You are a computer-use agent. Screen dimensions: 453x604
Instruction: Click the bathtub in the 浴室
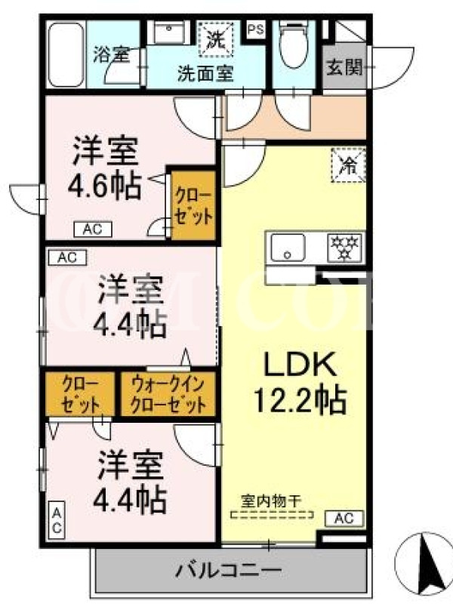pyautogui.click(x=66, y=54)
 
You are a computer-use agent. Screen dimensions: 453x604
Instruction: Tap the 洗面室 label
pyautogui.click(x=205, y=73)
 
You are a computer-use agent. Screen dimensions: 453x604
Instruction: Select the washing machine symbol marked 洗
pyautogui.click(x=216, y=39)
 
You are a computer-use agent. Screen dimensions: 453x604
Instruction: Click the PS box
pyautogui.click(x=256, y=29)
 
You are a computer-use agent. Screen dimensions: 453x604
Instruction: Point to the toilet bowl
pyautogui.click(x=294, y=45)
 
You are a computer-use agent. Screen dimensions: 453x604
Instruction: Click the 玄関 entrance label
pyautogui.click(x=345, y=68)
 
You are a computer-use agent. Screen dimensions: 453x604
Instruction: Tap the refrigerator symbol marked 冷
pyautogui.click(x=348, y=165)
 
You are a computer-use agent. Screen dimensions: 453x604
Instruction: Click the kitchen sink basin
pyautogui.click(x=288, y=248)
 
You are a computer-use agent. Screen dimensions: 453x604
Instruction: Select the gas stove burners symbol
pyautogui.click(x=345, y=248)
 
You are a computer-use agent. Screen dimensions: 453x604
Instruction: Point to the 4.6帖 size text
pyautogui.click(x=104, y=186)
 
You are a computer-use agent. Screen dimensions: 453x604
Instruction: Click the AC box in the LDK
pyautogui.click(x=344, y=518)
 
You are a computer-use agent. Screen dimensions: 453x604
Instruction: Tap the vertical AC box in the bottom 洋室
pyautogui.click(x=57, y=519)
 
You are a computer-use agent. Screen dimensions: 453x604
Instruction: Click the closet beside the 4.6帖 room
pyautogui.click(x=193, y=205)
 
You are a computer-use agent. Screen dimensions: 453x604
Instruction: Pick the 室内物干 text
pyautogui.click(x=271, y=501)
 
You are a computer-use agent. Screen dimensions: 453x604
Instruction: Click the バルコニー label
pyautogui.click(x=229, y=570)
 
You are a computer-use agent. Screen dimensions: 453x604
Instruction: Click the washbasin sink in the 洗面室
pyautogui.click(x=168, y=32)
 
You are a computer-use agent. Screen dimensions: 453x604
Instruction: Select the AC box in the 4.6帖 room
pyautogui.click(x=93, y=230)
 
